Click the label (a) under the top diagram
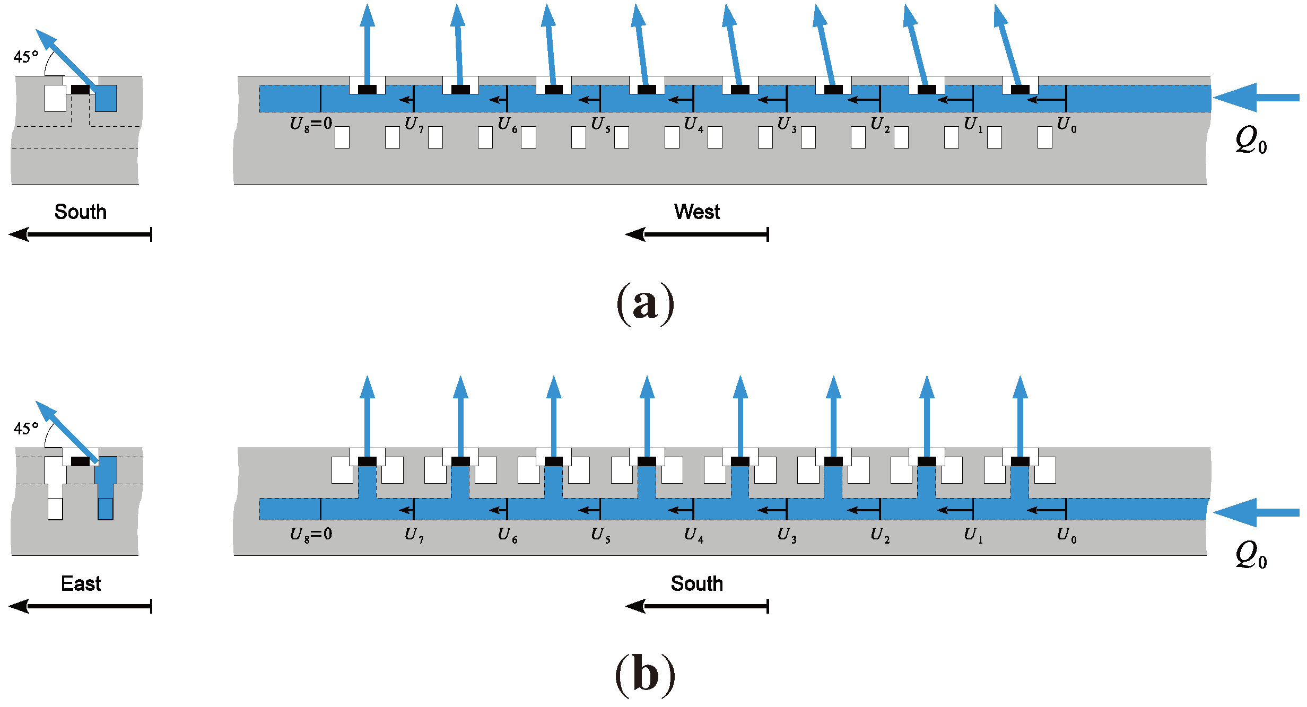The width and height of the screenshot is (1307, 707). pyautogui.click(x=645, y=304)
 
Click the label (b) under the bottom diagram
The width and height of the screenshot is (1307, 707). pyautogui.click(x=645, y=675)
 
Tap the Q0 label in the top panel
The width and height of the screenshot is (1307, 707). pyautogui.click(x=1251, y=141)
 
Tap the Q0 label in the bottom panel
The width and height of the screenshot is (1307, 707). pyautogui.click(x=1251, y=555)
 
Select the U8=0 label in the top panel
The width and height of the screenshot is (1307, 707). pyautogui.click(x=311, y=125)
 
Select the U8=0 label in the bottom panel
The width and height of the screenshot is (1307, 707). pyautogui.click(x=311, y=535)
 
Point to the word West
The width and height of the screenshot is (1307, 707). pyautogui.click(x=696, y=212)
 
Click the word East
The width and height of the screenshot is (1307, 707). pyautogui.click(x=81, y=584)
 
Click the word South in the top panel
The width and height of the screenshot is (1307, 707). pyautogui.click(x=81, y=212)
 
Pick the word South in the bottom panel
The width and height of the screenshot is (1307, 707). pyautogui.click(x=696, y=584)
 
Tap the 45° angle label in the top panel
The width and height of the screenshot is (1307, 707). pyautogui.click(x=26, y=57)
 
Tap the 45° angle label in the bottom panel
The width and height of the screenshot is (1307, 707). pyautogui.click(x=26, y=429)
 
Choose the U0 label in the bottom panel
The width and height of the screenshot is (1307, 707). pyautogui.click(x=1067, y=535)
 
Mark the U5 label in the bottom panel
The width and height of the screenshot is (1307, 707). pyautogui.click(x=600, y=535)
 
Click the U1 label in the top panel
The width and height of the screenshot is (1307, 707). pyautogui.click(x=973, y=125)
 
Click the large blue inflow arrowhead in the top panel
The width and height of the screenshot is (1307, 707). pyautogui.click(x=1236, y=98)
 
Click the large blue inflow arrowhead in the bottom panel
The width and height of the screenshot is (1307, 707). pyautogui.click(x=1236, y=512)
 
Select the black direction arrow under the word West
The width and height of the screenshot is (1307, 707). pyautogui.click(x=696, y=234)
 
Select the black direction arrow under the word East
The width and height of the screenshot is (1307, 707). pyautogui.click(x=81, y=606)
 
